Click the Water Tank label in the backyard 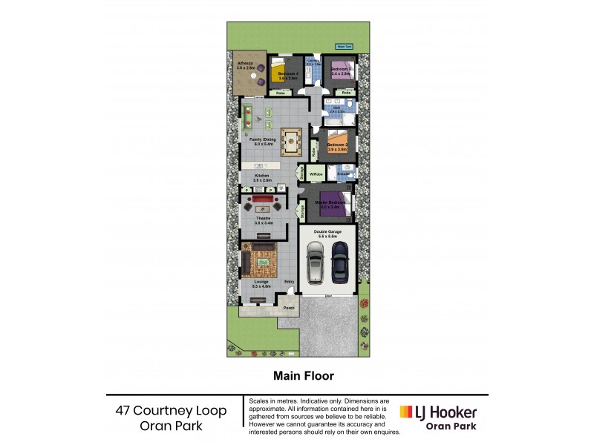pyautogui.click(x=344, y=47)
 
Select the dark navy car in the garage pyautogui.click(x=339, y=262)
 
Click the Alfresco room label pyautogui.click(x=246, y=65)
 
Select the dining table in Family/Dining pyautogui.click(x=289, y=138)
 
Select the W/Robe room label pyautogui.click(x=316, y=174)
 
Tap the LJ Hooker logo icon pyautogui.click(x=407, y=412)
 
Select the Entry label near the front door pyautogui.click(x=289, y=281)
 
